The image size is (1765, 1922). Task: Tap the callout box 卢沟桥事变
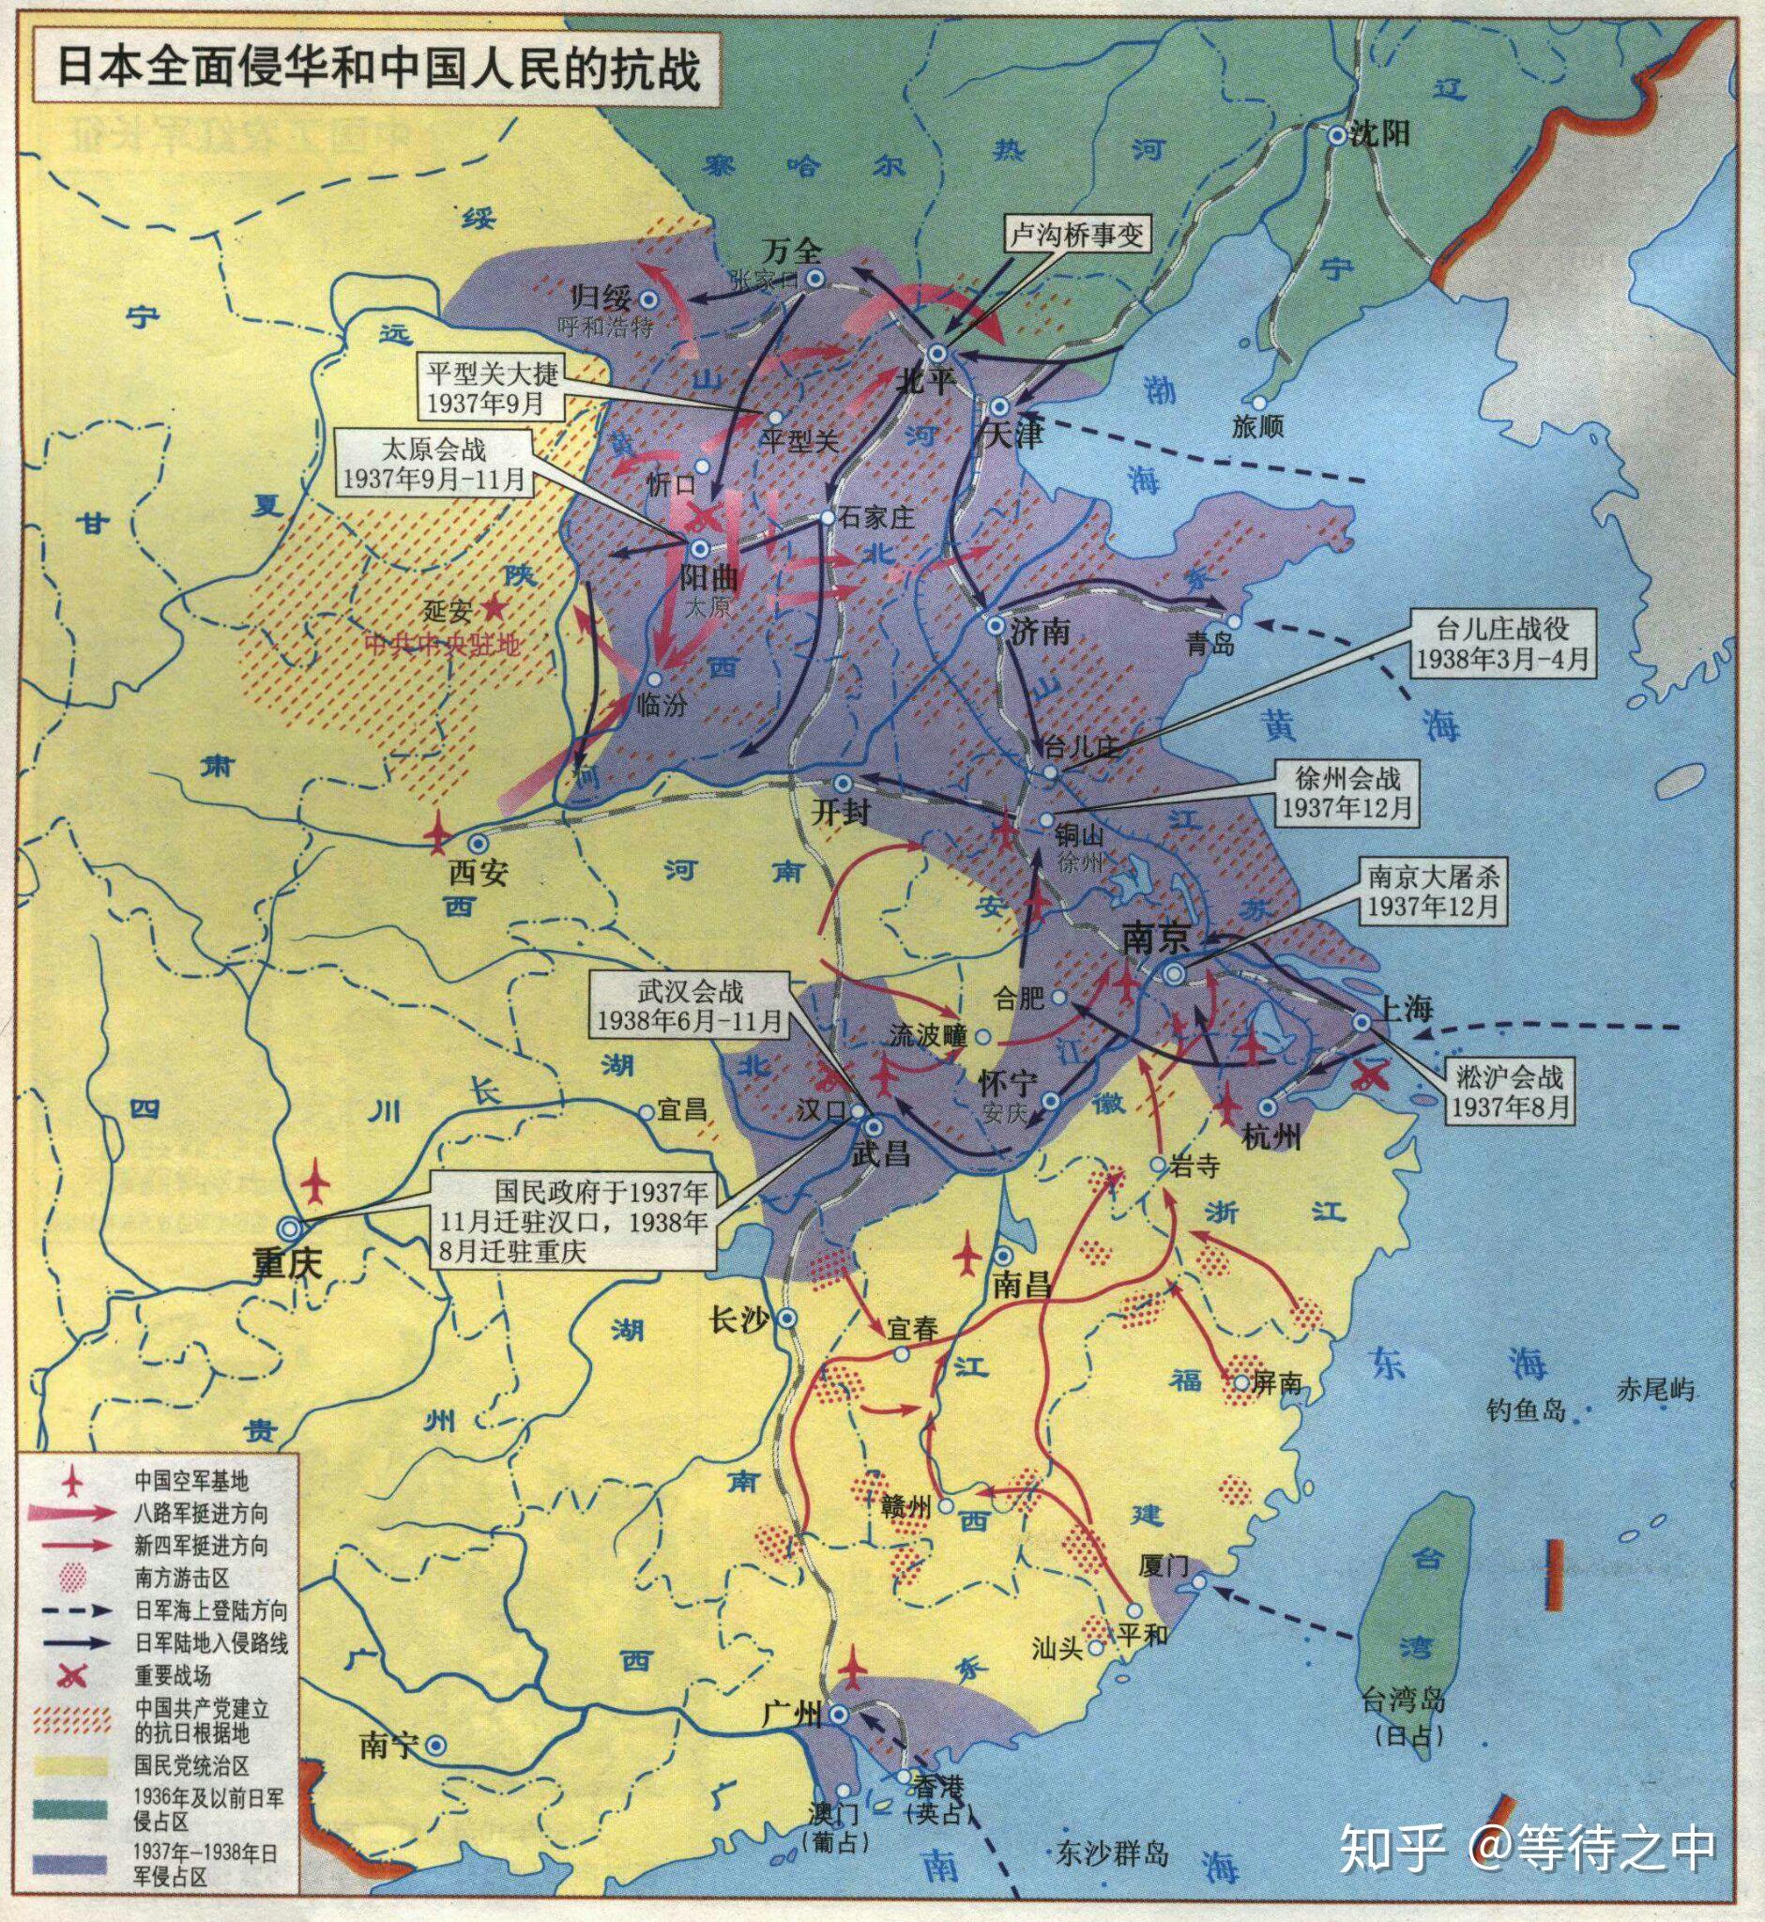pyautogui.click(x=1077, y=235)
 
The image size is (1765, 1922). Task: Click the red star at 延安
pyautogui.click(x=494, y=606)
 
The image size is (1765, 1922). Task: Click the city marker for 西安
pyautogui.click(x=477, y=844)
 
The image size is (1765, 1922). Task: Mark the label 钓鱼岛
pyautogui.click(x=1527, y=1409)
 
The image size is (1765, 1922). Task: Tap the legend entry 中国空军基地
pyautogui.click(x=191, y=1482)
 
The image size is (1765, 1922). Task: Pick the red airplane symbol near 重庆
pyautogui.click(x=315, y=1183)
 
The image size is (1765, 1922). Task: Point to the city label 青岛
pyautogui.click(x=1211, y=644)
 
